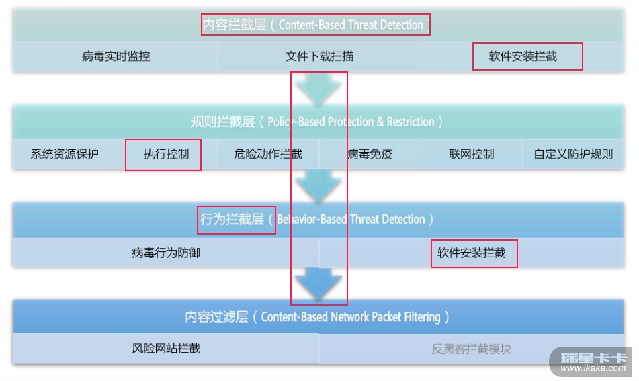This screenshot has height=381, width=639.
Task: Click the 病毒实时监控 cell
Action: (x=116, y=56)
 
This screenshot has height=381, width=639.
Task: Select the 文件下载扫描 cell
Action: (x=319, y=56)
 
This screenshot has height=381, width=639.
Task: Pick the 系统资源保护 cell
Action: (x=65, y=154)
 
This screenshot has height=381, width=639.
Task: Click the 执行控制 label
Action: (x=166, y=154)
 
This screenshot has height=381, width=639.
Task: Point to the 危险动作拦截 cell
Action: (x=268, y=154)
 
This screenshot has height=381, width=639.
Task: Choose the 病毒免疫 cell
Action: (x=370, y=154)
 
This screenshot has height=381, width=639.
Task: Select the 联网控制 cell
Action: (x=471, y=154)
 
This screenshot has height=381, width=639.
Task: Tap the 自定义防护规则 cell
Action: (x=573, y=154)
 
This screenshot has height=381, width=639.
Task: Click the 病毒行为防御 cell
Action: (x=166, y=253)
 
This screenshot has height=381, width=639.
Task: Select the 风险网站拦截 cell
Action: (x=166, y=348)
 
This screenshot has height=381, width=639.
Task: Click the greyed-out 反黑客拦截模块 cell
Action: (x=472, y=349)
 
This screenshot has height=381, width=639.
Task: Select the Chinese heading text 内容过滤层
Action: (x=216, y=316)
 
